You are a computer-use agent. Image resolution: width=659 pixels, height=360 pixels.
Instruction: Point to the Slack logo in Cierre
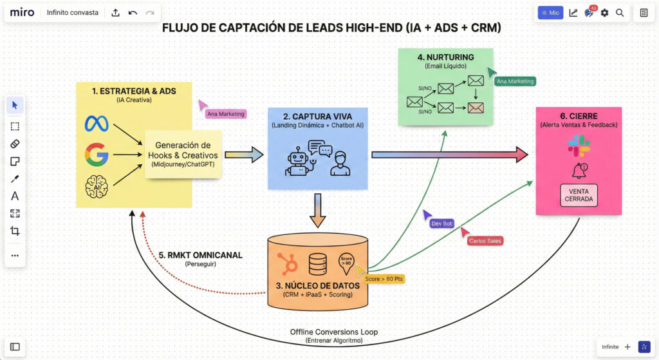pos(579,146)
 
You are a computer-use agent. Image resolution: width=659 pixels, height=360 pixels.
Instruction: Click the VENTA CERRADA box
pos(579,194)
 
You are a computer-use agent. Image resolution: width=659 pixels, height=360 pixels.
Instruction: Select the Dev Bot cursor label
pos(442,223)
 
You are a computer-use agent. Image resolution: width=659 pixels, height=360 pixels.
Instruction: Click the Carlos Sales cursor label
pos(485,241)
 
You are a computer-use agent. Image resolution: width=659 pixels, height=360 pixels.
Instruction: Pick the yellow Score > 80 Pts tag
pos(384,279)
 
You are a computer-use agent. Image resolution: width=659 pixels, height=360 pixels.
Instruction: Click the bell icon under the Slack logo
pos(579,170)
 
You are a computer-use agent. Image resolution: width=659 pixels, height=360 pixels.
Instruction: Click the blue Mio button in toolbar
pos(550,12)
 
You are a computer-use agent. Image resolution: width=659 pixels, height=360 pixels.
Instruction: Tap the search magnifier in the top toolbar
pos(620,12)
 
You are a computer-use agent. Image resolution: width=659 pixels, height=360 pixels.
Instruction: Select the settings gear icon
pos(604,12)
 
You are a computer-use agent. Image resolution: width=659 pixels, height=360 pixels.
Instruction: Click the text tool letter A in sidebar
pos(15,196)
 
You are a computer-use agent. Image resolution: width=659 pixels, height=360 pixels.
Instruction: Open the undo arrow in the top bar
pos(133,12)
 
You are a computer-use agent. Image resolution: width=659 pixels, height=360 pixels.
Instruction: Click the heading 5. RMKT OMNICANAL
pos(200,255)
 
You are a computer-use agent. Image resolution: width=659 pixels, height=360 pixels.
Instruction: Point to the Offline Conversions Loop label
pos(334,332)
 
